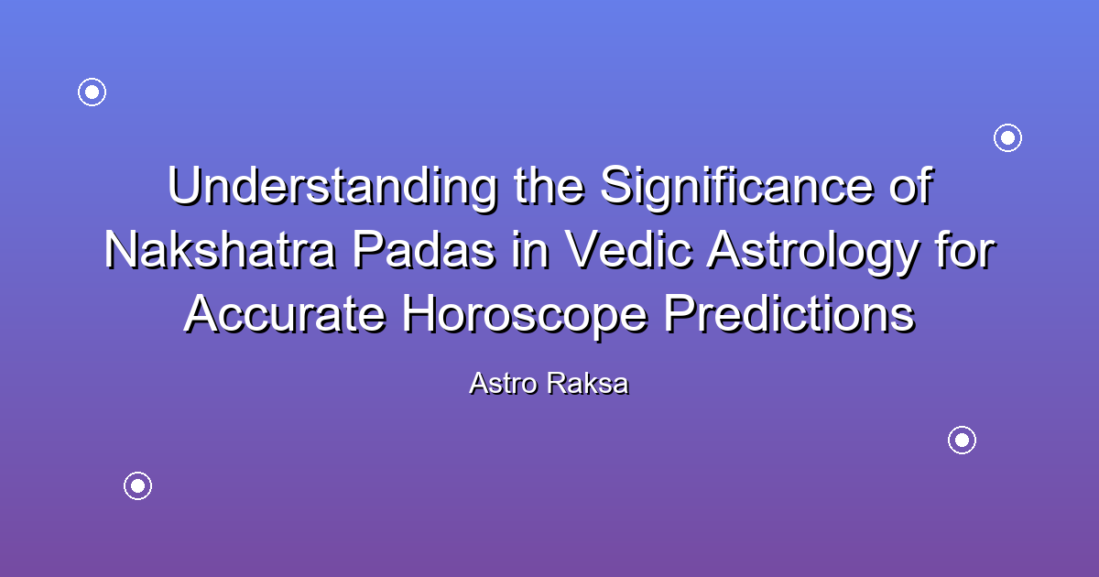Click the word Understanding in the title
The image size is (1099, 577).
pyautogui.click(x=332, y=188)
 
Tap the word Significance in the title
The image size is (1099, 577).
pyautogui.click(x=737, y=188)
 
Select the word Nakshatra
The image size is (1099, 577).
pyautogui.click(x=220, y=250)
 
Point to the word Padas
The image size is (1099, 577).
pyautogui.click(x=424, y=250)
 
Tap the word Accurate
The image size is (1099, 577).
pyautogui.click(x=285, y=314)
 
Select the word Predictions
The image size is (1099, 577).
pyautogui.click(x=789, y=314)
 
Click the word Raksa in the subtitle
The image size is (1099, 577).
pyautogui.click(x=588, y=383)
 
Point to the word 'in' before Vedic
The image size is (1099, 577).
pyautogui.click(x=530, y=250)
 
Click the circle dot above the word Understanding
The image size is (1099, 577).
pyautogui.click(x=92, y=92)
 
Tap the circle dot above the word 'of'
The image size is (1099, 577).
pyautogui.click(x=1007, y=138)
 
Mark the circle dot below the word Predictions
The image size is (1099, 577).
pyautogui.click(x=962, y=441)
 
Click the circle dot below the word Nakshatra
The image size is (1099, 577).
pyautogui.click(x=137, y=485)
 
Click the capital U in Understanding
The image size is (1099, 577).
pyautogui.click(x=185, y=185)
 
